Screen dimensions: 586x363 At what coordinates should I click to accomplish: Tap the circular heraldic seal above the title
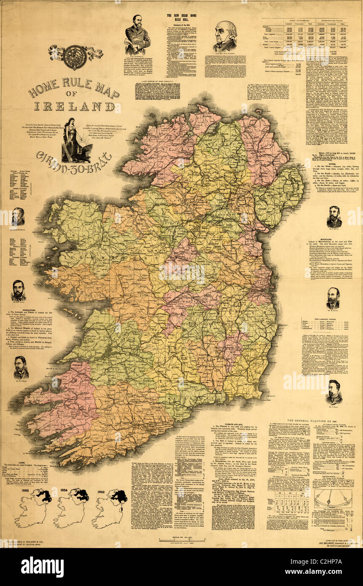pos(75,57)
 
